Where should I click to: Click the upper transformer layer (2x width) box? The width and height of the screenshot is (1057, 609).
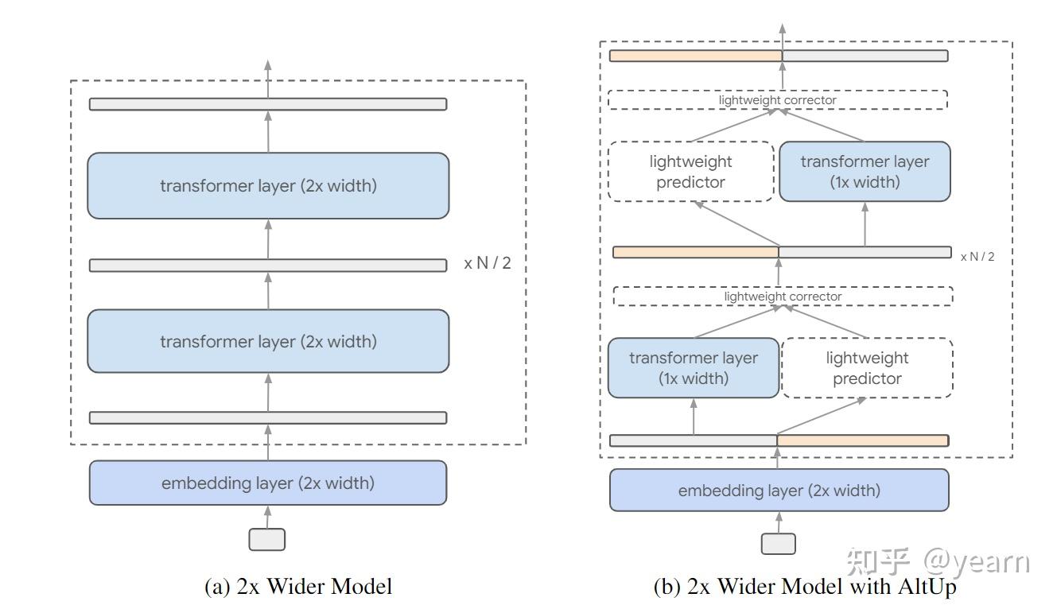(x=268, y=186)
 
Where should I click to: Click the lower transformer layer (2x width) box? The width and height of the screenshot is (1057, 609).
(x=268, y=342)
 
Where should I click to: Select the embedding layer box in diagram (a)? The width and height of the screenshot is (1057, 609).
(x=268, y=483)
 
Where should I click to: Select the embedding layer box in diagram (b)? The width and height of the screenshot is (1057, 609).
(x=779, y=491)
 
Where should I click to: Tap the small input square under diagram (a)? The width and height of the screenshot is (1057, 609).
(x=267, y=540)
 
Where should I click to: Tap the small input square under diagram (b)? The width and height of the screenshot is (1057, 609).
(x=778, y=544)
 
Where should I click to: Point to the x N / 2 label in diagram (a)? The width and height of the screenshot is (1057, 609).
(x=488, y=263)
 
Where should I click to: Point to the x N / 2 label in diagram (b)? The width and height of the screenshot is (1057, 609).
(x=977, y=257)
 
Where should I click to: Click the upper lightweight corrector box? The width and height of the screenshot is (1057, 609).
(x=777, y=100)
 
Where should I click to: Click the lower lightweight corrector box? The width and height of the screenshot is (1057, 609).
(x=783, y=297)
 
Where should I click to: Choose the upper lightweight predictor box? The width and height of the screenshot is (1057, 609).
(x=690, y=172)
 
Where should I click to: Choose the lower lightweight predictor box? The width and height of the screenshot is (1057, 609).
(x=867, y=368)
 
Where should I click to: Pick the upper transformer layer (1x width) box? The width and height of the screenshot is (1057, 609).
(x=865, y=172)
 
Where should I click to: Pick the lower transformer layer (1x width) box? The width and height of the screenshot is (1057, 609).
(x=694, y=368)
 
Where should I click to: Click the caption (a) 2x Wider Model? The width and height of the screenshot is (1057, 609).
(x=298, y=588)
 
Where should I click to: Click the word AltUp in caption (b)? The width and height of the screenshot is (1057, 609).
(x=927, y=588)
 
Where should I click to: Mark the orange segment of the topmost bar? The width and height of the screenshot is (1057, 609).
(x=695, y=56)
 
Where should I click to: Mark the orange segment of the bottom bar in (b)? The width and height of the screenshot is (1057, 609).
(x=862, y=440)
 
